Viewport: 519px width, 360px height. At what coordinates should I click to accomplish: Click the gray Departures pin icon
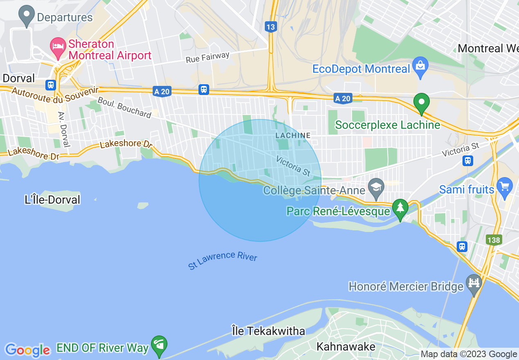point(27,16)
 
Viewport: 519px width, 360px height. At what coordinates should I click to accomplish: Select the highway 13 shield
point(271,27)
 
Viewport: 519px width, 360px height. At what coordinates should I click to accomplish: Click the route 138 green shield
point(494,240)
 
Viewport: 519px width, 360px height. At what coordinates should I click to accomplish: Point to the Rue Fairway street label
point(208,58)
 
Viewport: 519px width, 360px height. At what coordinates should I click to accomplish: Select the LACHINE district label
point(293,135)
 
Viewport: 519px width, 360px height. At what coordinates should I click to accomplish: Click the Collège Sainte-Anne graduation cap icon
point(375,187)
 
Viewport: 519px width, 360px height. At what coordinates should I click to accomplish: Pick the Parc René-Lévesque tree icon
point(400,208)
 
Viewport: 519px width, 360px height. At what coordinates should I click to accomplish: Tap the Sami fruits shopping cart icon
point(504,187)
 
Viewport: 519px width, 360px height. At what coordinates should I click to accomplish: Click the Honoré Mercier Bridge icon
point(474,283)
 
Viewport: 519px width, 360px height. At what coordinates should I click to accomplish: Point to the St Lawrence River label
point(223,261)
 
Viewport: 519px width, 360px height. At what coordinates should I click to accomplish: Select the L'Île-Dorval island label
point(52,200)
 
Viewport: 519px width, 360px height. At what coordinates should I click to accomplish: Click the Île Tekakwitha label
point(268,331)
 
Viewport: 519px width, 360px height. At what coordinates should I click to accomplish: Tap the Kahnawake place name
point(346,347)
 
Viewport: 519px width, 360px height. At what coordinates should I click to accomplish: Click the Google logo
point(27,350)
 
